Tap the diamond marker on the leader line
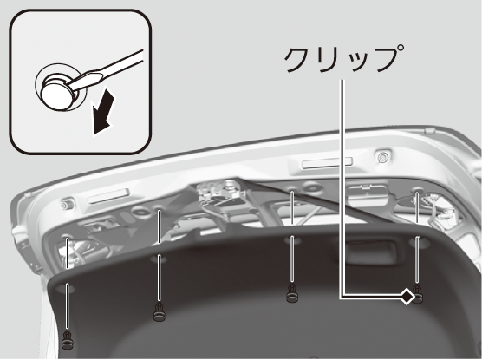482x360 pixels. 407,297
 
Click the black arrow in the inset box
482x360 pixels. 103,111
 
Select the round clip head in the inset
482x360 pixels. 58,95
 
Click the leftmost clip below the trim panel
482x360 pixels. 68,340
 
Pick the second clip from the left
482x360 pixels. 160,311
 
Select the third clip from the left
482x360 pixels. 292,293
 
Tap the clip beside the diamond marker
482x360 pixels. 417,294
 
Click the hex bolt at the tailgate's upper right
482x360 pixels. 382,157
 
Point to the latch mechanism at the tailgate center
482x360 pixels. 221,193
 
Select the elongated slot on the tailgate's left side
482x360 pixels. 107,196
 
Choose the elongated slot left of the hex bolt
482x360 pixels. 327,162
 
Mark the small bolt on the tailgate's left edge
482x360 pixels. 66,205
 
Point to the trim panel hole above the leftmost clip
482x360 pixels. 67,289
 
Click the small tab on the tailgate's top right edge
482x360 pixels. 429,131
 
